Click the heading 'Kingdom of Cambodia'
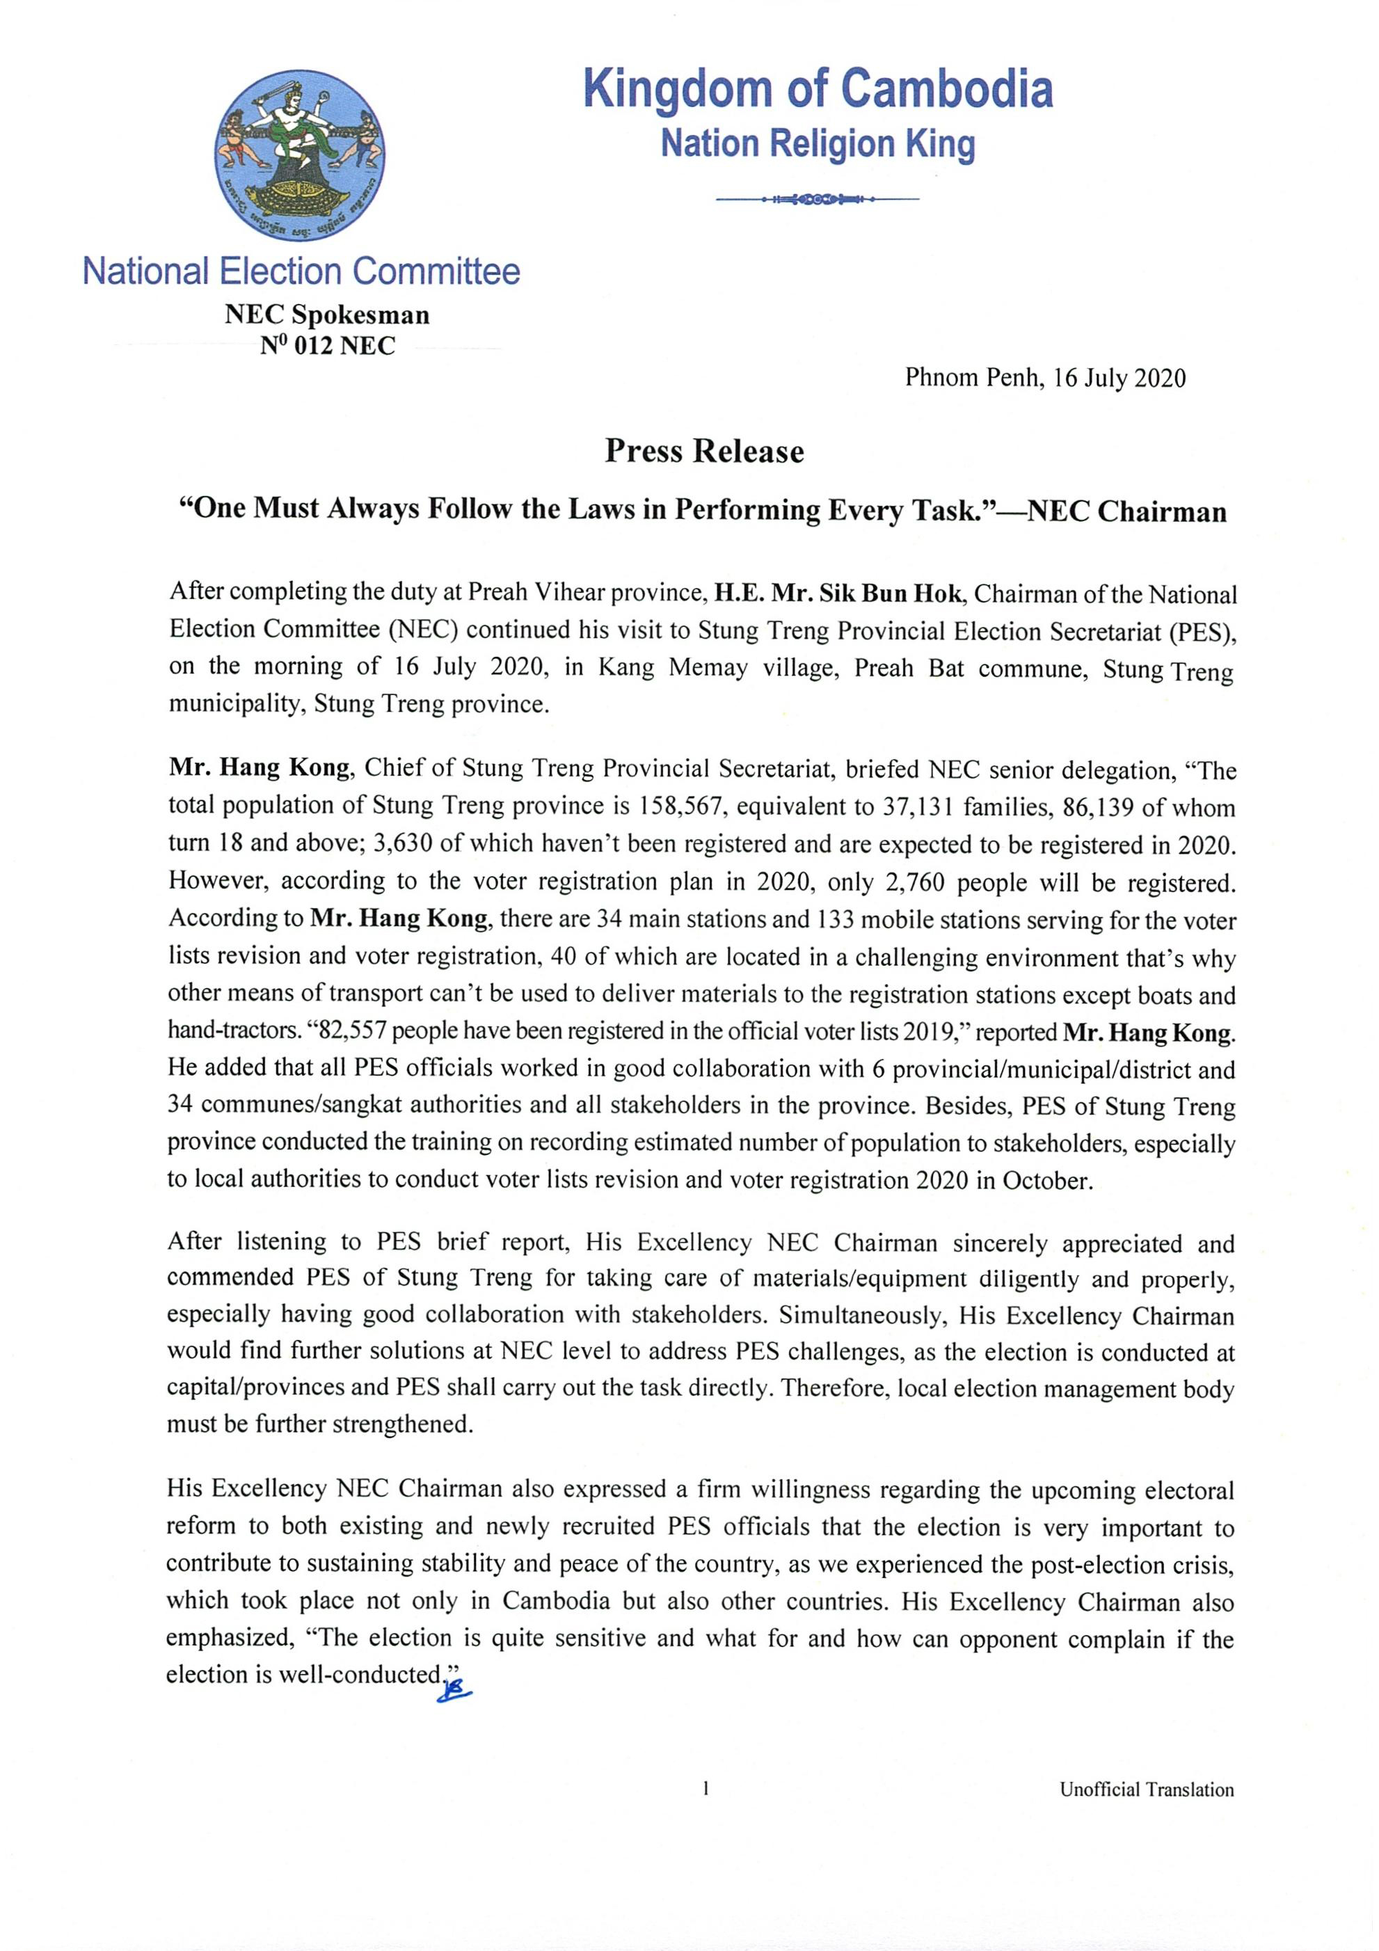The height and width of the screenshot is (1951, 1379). [818, 90]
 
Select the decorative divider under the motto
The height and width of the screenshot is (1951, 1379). [818, 200]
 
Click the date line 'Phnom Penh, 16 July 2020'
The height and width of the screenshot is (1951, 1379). [1044, 378]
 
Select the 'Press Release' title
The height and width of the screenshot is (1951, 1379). [703, 451]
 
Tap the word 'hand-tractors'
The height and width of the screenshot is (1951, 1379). [222, 1033]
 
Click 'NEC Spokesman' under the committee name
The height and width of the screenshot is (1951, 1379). [327, 315]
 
